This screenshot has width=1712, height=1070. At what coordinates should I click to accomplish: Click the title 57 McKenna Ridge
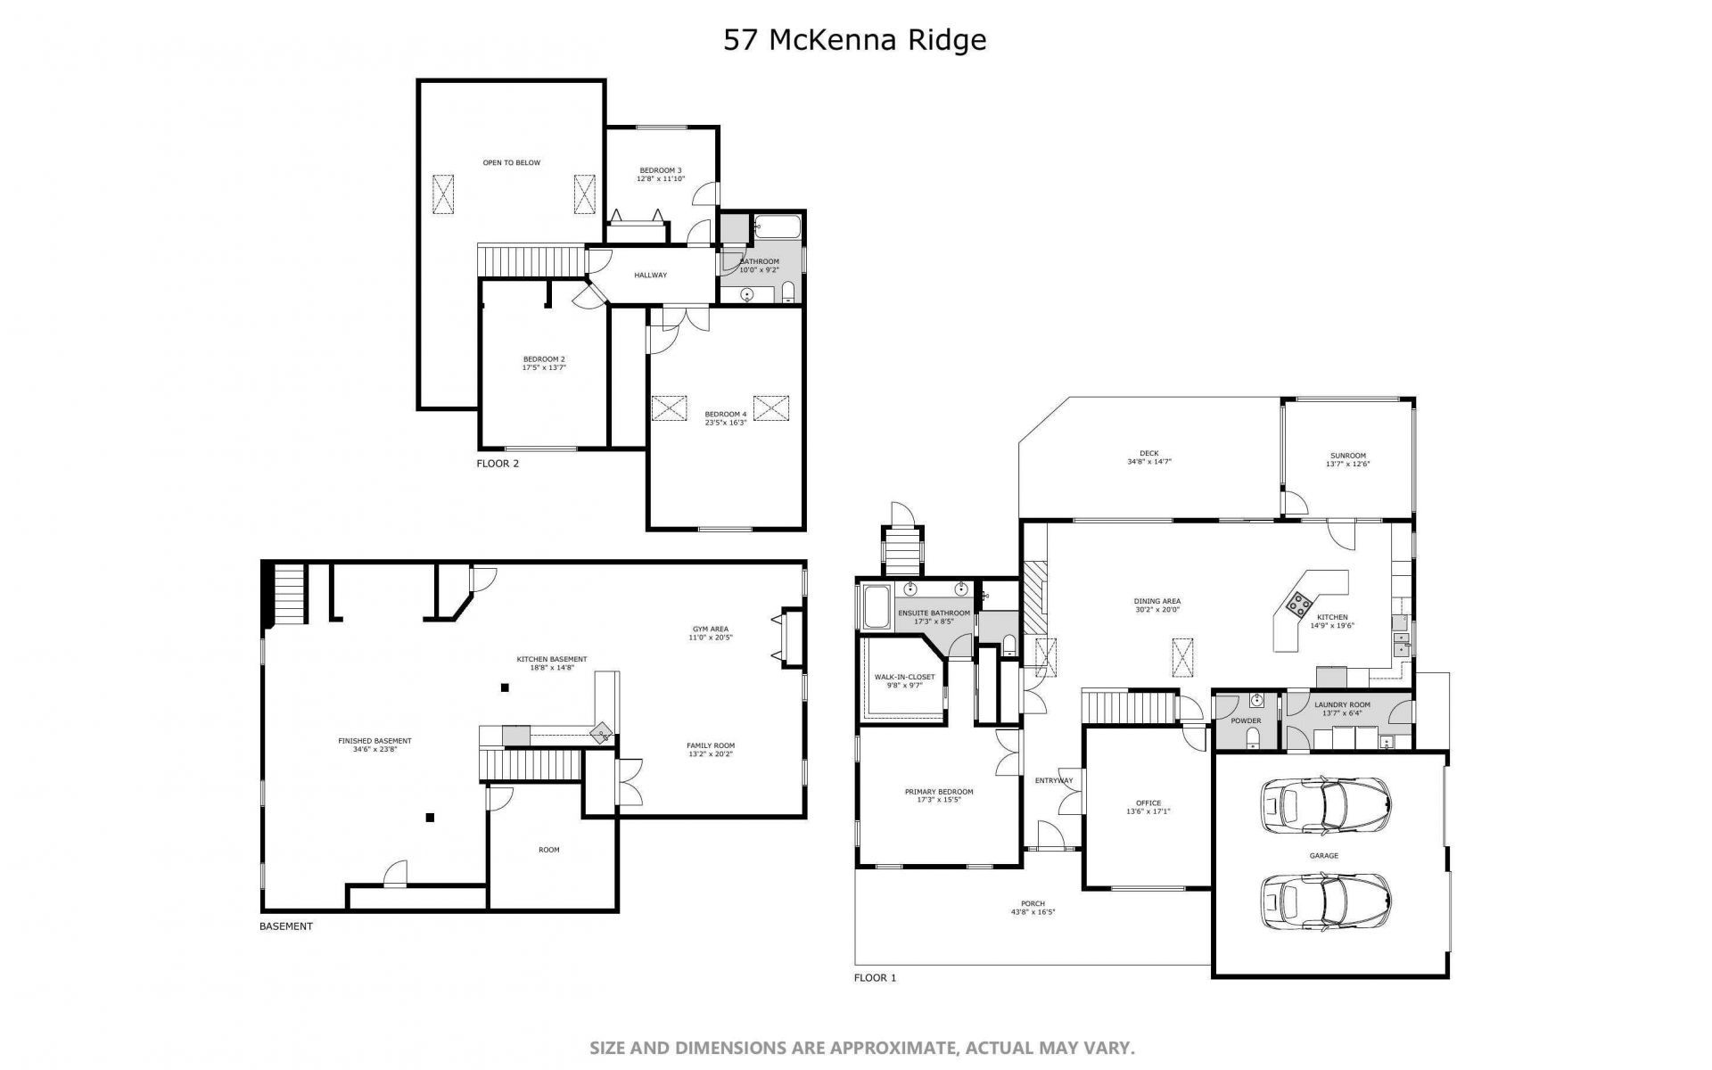pos(855,40)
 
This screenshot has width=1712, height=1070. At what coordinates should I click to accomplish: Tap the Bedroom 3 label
pos(661,170)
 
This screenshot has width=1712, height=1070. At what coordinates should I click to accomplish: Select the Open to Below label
pos(512,162)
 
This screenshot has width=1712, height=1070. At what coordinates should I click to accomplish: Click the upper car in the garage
pos(1325,805)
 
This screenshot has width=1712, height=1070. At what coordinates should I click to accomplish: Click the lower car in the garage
pos(1325,901)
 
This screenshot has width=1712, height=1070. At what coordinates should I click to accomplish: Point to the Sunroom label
pos(1347,456)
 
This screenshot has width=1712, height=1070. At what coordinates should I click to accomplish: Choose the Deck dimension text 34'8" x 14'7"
pos(1149,462)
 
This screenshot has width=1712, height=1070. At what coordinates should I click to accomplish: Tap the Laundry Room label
pos(1342,704)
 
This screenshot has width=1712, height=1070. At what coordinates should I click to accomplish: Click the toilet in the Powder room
pos(1254,736)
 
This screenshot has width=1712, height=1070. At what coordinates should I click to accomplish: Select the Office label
pos(1148,803)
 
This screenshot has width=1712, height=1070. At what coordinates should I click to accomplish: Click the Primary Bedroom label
pos(939,792)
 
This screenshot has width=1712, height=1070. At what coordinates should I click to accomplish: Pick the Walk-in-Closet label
pos(905,677)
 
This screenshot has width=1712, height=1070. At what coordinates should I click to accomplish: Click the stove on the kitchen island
pos(1298,605)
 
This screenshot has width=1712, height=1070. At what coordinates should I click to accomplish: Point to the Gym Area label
pos(711,629)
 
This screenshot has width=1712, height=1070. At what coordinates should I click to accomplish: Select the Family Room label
pos(711,745)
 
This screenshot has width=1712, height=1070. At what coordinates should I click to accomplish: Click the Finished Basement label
pos(374,741)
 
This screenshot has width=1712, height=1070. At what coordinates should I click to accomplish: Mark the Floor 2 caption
pos(498,464)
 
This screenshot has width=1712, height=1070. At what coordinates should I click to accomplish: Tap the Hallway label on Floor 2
pos(650,275)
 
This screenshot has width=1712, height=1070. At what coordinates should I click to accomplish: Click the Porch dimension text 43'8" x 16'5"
pos(1033,912)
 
